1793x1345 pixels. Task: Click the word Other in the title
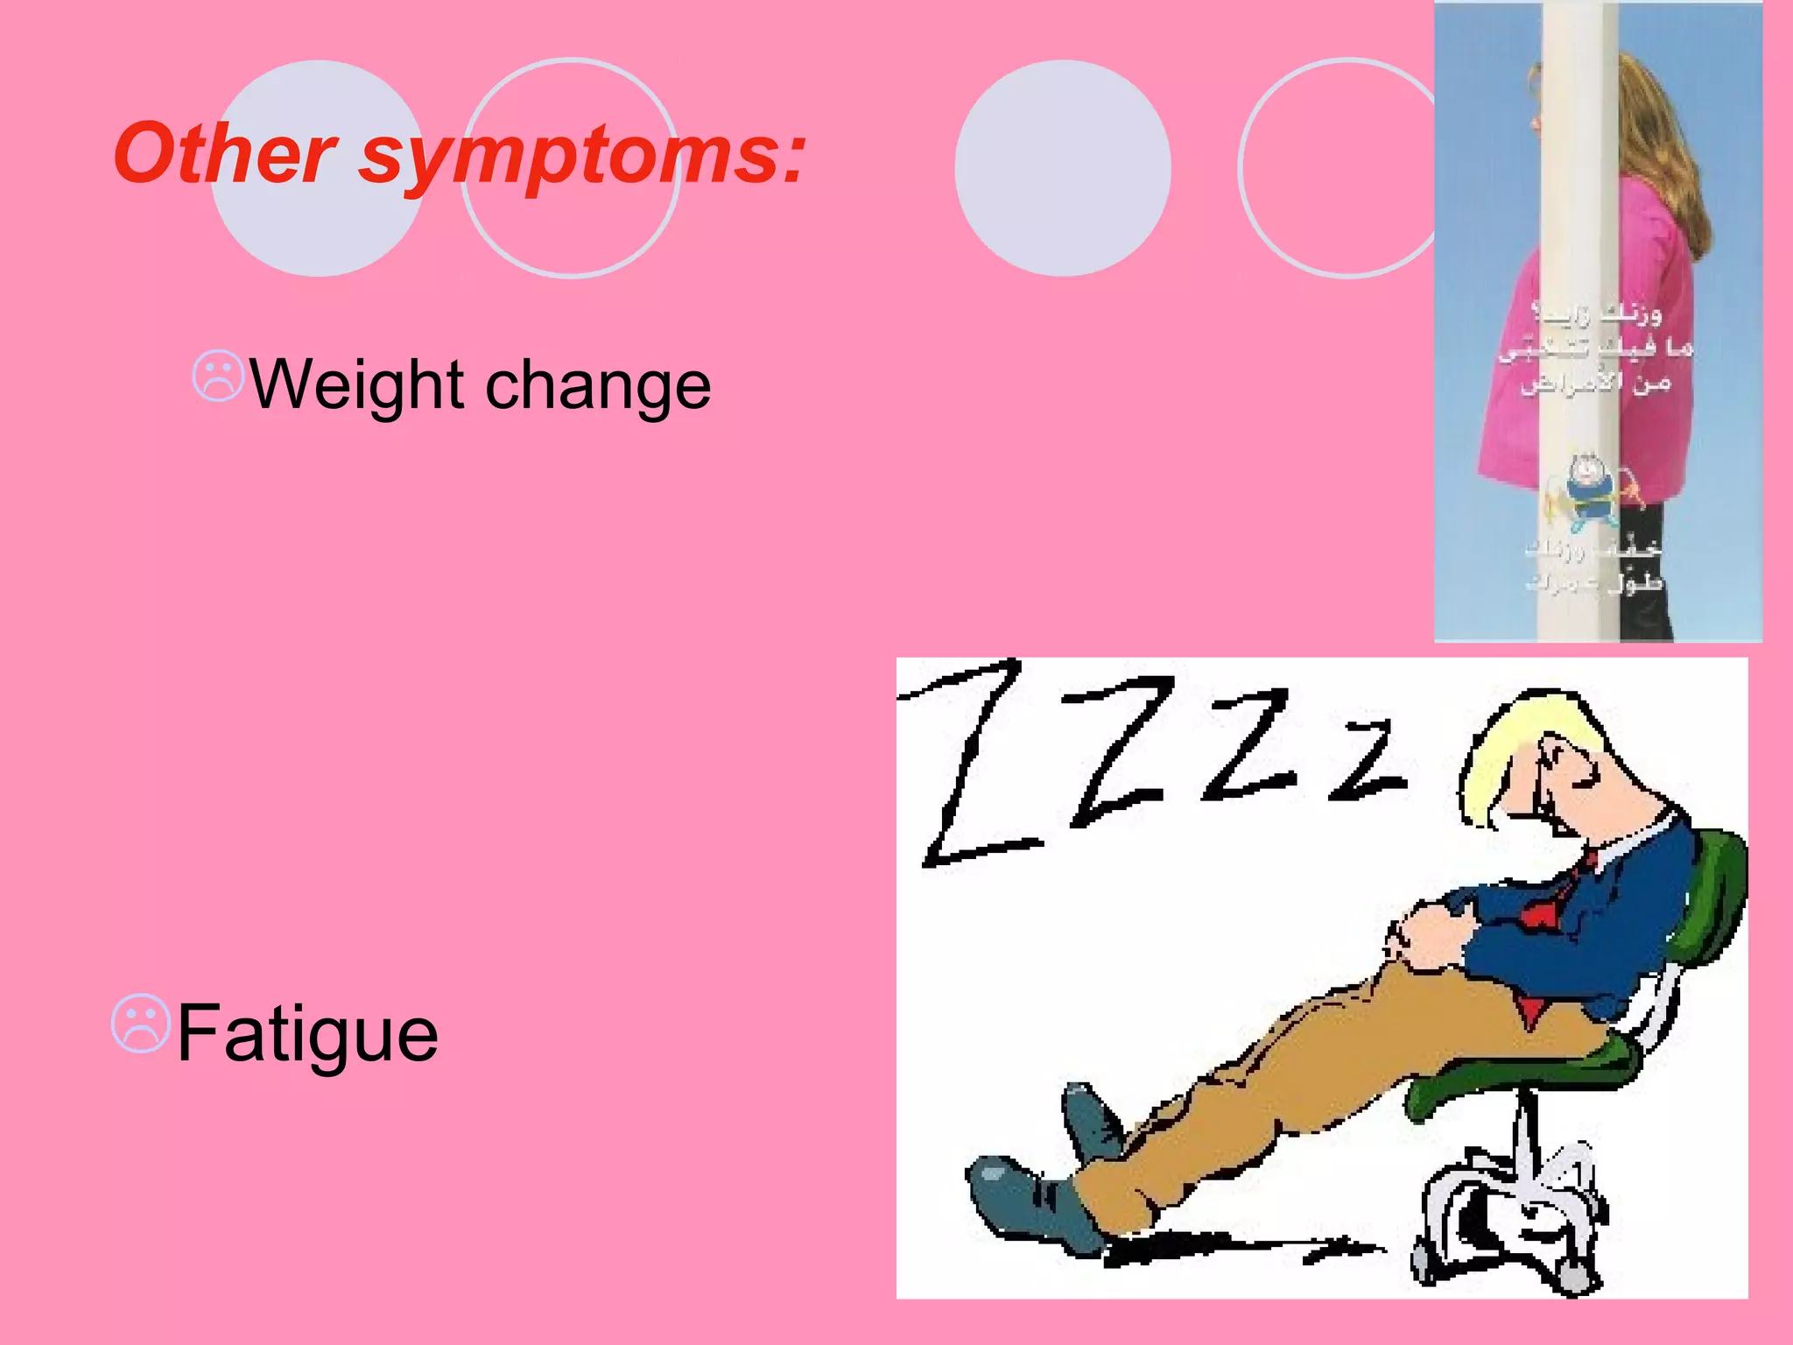tap(224, 154)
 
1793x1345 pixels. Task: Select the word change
tap(597, 385)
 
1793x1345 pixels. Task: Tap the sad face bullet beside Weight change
tap(217, 377)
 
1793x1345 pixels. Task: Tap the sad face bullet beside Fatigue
tap(139, 1023)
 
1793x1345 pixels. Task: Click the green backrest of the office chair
tap(1712, 902)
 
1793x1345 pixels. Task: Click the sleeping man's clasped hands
tap(1427, 937)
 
